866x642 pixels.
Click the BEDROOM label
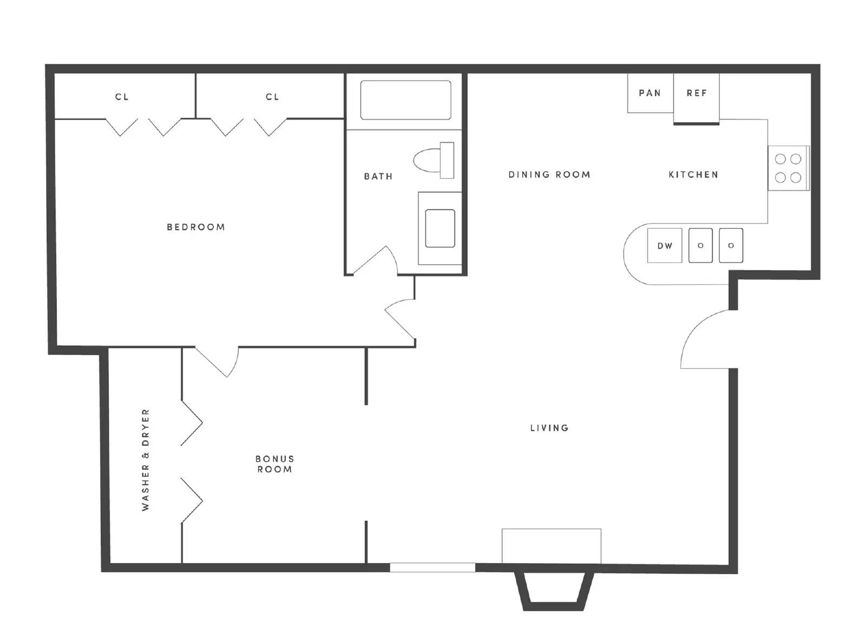195,227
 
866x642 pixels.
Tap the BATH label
378,176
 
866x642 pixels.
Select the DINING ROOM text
549,174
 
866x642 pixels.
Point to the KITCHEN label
693,174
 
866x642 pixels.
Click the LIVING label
549,428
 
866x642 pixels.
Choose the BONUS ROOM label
274,464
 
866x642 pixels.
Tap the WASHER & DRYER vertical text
145,460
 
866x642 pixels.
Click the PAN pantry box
651,93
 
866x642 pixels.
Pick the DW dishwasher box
665,246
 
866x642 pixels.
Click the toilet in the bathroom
434,160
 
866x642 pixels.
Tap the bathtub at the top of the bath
405,100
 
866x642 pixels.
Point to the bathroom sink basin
440,228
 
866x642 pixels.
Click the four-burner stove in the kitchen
788,168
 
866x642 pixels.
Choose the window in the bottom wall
432,567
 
